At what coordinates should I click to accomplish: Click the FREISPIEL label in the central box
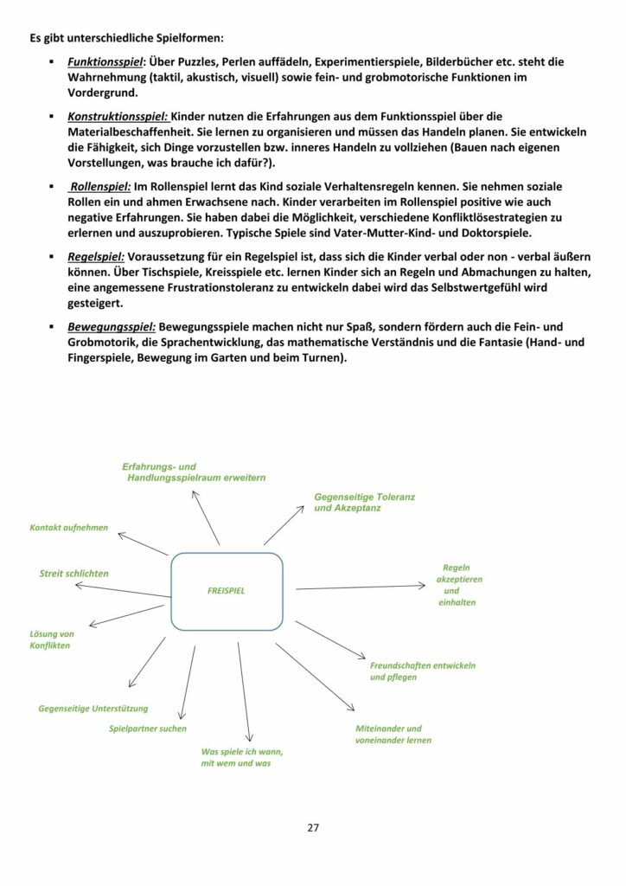click(x=227, y=592)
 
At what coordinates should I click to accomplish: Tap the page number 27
click(x=313, y=827)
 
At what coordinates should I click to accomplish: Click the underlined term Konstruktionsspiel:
click(x=118, y=116)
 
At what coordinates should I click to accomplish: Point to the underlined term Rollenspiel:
click(x=100, y=185)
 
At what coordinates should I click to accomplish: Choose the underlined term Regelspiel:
click(x=97, y=256)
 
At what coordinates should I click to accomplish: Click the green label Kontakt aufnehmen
click(x=69, y=527)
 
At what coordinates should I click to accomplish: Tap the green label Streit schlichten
click(x=74, y=573)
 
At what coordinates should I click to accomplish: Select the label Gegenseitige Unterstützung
click(x=93, y=708)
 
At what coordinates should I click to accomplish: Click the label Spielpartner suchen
click(x=148, y=729)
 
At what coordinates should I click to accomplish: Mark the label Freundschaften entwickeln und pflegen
click(x=422, y=671)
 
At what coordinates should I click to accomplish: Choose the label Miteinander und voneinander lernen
click(x=393, y=734)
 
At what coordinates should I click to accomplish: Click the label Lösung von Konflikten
click(x=51, y=639)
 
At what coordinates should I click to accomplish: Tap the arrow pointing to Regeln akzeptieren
click(x=355, y=587)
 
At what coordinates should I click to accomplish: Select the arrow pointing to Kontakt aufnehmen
click(x=142, y=544)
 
